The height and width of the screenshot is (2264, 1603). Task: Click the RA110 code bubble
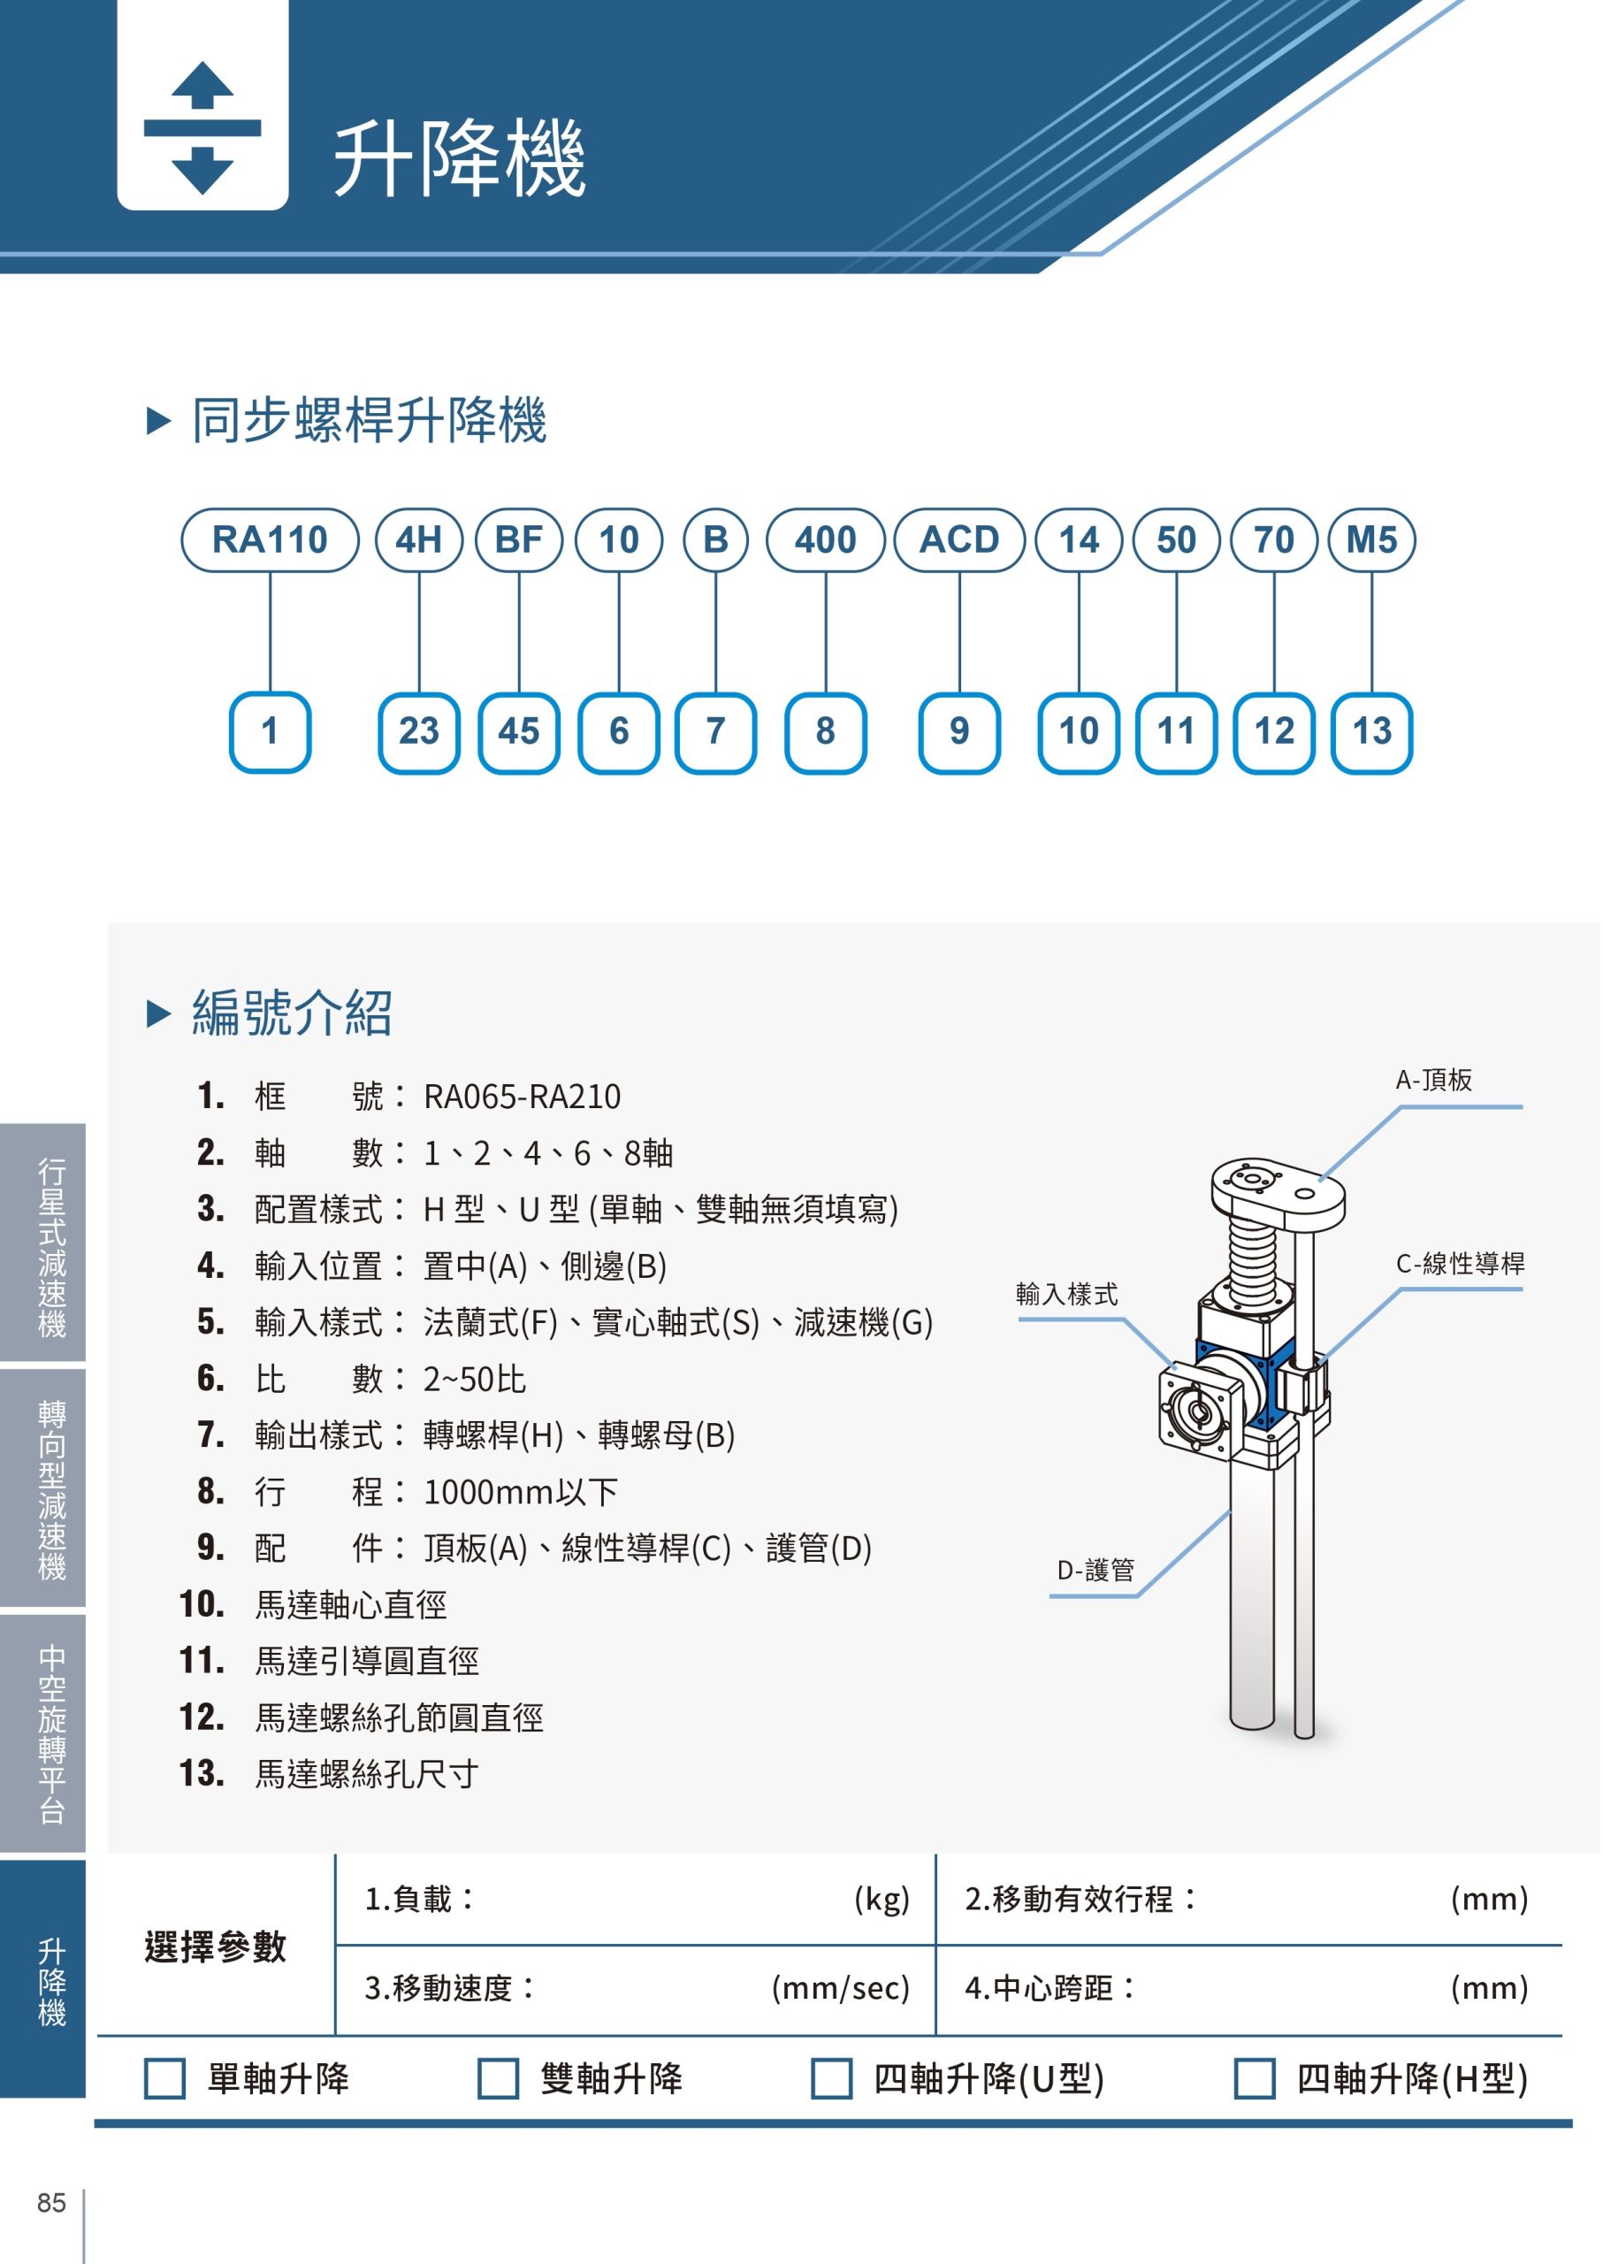270,540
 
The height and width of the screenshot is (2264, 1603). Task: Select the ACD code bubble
959,540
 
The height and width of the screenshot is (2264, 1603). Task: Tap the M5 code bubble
1372,540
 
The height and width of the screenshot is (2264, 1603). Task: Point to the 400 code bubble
825,540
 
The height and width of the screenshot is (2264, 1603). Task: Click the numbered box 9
959,731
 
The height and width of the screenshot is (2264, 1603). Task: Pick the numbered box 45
519,731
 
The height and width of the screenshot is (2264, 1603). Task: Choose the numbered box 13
1372,731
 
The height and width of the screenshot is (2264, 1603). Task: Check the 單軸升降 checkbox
164,2077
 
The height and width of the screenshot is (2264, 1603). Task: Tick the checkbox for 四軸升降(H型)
1255,2077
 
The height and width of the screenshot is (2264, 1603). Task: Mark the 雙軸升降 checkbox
499,2077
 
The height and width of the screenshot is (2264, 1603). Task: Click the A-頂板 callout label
1433,1080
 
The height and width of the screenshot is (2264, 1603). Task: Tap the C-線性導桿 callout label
1460,1263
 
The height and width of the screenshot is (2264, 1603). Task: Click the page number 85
51,2203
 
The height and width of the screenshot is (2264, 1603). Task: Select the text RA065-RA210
523,1097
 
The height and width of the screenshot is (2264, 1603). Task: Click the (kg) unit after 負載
882,1899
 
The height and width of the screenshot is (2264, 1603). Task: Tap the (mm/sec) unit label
840,1987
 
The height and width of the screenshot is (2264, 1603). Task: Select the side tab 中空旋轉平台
51,1732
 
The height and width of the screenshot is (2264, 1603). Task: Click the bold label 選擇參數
215,1947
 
